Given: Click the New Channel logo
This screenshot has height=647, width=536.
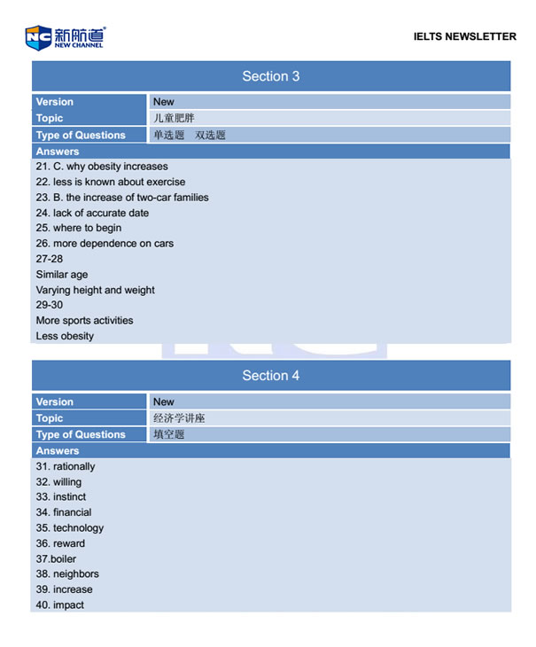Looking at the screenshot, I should tap(65, 37).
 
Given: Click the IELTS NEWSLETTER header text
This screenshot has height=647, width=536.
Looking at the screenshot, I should tap(464, 36).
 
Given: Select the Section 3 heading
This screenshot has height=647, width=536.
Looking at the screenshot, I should tap(271, 76).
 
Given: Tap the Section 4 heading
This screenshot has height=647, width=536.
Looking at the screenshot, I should tap(271, 376).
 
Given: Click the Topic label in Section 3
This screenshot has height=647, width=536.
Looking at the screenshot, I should tap(50, 118).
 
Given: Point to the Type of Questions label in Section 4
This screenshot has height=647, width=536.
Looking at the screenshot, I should tap(81, 434).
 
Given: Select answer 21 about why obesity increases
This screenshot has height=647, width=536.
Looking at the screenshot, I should tap(102, 167).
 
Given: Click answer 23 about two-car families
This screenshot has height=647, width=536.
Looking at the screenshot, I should tap(122, 198).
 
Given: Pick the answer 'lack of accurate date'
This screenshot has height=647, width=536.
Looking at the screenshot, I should tap(92, 213).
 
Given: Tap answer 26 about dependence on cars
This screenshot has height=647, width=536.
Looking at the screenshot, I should tap(105, 244).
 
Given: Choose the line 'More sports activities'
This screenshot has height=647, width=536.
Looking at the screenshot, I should tap(84, 321).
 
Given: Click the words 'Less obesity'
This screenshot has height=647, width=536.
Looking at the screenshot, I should tap(65, 337).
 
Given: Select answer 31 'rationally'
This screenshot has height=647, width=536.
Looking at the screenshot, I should tap(66, 467).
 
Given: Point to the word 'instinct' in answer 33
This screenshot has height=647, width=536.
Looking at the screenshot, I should tap(70, 497).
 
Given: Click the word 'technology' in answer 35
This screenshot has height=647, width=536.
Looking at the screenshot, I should tap(78, 528).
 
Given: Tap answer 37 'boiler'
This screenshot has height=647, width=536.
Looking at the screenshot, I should tap(56, 559).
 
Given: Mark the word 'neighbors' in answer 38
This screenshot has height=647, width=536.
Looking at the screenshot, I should tap(76, 574).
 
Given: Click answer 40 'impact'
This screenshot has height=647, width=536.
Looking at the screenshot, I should tap(60, 605).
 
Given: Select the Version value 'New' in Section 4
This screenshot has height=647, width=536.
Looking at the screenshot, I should tap(164, 401).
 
